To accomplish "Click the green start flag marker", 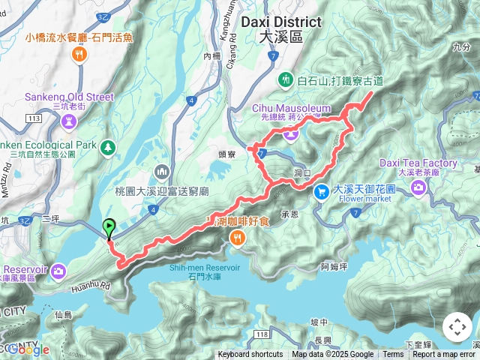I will click(x=109, y=226).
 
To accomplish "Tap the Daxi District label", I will click(x=278, y=22).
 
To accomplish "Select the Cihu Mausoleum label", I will click(x=291, y=109).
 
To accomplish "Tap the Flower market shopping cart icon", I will click(x=322, y=192).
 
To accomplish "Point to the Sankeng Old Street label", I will click(x=69, y=97).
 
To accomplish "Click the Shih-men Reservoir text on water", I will click(x=210, y=268).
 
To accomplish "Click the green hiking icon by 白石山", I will click(x=286, y=79).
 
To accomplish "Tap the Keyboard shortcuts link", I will click(x=250, y=355).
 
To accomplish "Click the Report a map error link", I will click(x=443, y=355).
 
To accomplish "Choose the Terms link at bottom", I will click(x=393, y=355).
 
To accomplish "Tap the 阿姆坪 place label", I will click(x=334, y=265).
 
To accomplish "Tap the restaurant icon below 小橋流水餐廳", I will click(x=78, y=54).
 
